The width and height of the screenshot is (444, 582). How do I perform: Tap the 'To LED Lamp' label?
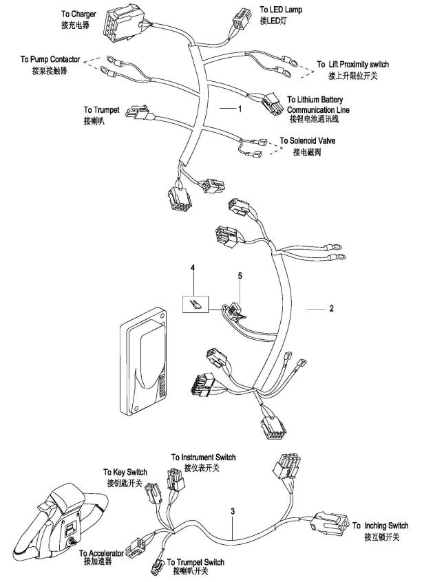(x=281, y=10)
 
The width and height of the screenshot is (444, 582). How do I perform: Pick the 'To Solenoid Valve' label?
(x=308, y=141)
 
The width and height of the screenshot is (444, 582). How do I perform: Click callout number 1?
(x=240, y=109)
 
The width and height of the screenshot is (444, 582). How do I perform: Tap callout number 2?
(x=331, y=309)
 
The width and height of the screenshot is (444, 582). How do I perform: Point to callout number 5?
(x=240, y=275)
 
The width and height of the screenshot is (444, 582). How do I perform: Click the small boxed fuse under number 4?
(x=195, y=303)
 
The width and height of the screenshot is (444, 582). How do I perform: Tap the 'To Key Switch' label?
(x=125, y=472)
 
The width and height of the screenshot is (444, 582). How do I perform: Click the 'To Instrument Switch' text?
(x=203, y=457)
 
